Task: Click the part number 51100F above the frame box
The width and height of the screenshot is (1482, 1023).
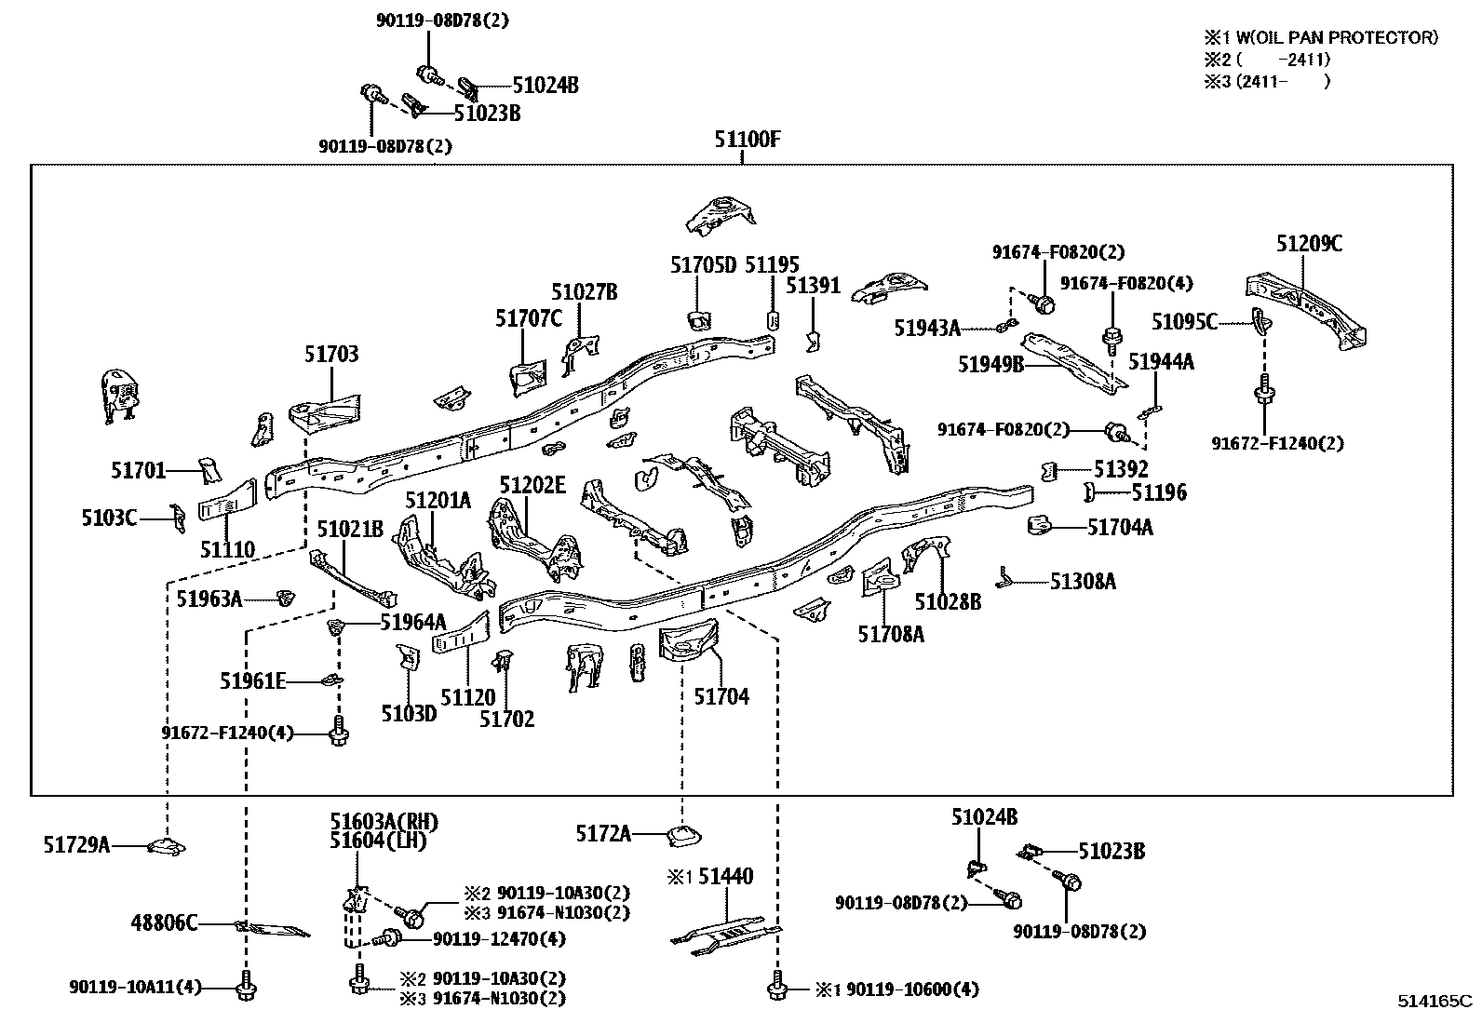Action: pos(747,141)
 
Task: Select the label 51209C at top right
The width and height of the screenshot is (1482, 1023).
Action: pos(1309,244)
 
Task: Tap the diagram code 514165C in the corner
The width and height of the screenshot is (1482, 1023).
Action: pos(1435,1003)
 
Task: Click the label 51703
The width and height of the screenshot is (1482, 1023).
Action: pos(330,355)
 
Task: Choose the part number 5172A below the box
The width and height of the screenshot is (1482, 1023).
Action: pos(602,834)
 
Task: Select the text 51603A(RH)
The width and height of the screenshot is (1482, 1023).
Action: pos(384,822)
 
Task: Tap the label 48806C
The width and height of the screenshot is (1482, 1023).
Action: pos(164,923)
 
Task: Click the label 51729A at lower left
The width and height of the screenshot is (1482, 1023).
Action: pos(76,845)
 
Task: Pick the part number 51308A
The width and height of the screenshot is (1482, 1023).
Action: pos(1083,582)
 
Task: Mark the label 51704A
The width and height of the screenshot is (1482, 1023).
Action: pos(1120,528)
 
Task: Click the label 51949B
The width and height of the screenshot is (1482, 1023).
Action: pos(990,364)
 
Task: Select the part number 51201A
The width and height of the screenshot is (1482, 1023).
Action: pos(438,501)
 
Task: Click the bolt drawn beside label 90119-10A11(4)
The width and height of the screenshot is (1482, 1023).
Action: pos(246,988)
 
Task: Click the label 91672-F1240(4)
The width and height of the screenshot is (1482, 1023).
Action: pos(227,734)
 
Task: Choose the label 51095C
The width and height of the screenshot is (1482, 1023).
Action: pos(1184,322)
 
